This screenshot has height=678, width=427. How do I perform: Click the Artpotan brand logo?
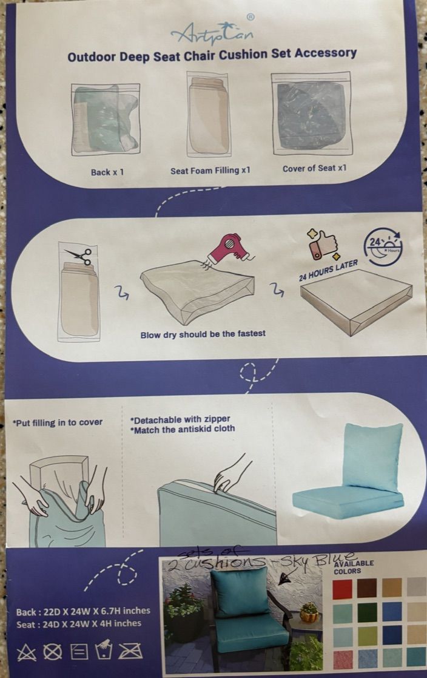tap(212, 31)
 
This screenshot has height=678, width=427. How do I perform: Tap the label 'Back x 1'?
tap(107, 172)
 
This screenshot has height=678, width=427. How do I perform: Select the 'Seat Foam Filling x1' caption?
tap(210, 171)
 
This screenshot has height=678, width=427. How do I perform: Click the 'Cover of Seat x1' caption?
tap(315, 168)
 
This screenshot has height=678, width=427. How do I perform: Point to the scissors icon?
tap(79, 256)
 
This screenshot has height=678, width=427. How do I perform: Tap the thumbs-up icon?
tap(323, 245)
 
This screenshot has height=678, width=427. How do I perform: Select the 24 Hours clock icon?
tap(383, 246)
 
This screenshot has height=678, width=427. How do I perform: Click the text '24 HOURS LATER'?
tap(329, 270)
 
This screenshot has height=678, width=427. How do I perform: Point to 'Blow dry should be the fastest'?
tap(203, 334)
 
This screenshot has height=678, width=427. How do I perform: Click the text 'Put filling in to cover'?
tap(58, 422)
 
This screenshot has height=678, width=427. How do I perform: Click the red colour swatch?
tap(342, 589)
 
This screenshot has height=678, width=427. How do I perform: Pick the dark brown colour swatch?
tap(367, 588)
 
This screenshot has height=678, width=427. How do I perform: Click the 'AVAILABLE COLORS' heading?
tap(354, 567)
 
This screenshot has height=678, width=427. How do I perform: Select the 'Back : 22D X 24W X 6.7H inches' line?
tap(84, 611)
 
